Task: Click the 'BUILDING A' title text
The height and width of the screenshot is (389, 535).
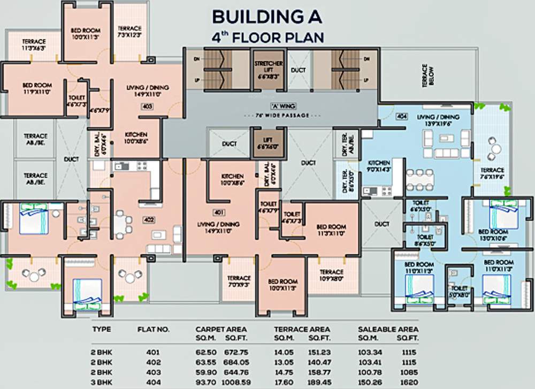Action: click(267, 17)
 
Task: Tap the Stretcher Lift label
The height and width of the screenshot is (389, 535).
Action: click(268, 69)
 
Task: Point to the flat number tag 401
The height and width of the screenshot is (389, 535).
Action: click(218, 212)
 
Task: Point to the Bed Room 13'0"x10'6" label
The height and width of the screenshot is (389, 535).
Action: click(493, 234)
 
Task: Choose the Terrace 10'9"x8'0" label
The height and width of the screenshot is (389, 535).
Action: click(331, 276)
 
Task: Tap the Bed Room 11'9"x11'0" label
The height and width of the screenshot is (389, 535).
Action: click(37, 88)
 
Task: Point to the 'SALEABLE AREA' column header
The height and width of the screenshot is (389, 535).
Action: click(388, 329)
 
